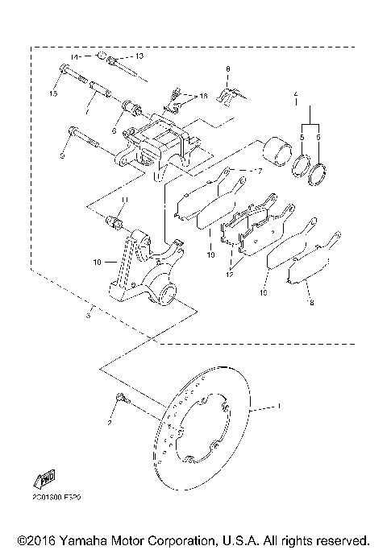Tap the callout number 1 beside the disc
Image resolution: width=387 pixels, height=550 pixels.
click(279, 408)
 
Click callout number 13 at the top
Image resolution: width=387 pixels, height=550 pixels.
click(139, 56)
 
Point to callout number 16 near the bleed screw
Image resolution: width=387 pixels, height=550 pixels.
click(203, 96)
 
